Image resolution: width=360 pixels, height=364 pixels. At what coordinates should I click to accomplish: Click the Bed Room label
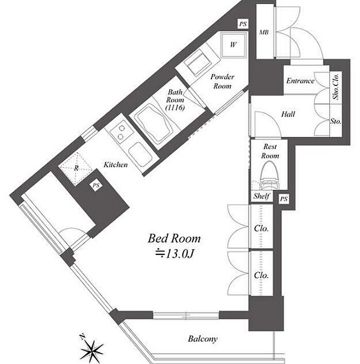click(174, 239)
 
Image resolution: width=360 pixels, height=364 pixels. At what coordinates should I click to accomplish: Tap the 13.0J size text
click(174, 254)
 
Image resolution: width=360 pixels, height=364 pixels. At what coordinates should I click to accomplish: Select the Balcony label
click(203, 339)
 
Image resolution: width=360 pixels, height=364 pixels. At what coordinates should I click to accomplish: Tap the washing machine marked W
click(233, 45)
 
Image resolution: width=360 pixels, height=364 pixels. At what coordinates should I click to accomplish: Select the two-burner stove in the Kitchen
click(121, 132)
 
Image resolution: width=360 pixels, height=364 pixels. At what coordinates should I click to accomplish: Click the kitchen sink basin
click(141, 154)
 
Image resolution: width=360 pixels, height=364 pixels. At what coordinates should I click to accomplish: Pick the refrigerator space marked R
click(76, 168)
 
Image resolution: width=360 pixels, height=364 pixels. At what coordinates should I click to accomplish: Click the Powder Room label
click(222, 81)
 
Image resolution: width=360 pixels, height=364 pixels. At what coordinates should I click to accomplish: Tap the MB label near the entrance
click(264, 32)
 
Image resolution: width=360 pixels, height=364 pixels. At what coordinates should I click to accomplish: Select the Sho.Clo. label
click(336, 86)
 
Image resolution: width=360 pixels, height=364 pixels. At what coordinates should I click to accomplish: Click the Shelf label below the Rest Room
click(261, 196)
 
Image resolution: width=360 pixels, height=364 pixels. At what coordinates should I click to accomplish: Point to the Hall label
click(288, 114)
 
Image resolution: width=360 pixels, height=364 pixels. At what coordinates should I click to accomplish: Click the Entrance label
click(300, 81)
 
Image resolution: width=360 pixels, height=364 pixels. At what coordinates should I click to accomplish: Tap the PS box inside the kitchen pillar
click(96, 185)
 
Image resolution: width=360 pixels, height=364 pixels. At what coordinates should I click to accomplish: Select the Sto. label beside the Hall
click(336, 121)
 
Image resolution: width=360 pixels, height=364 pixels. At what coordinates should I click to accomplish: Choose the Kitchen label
click(115, 165)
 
